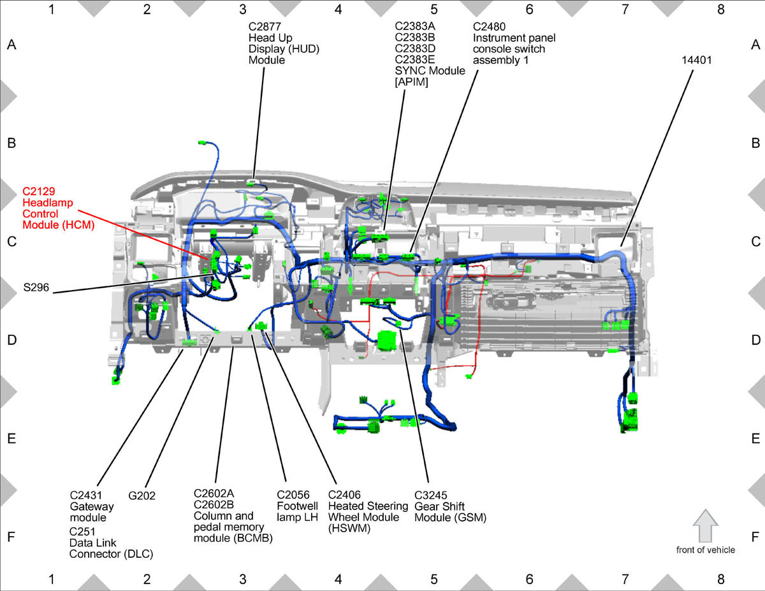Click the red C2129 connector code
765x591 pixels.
[x=39, y=191]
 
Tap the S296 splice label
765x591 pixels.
[x=36, y=288]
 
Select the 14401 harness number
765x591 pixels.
[x=696, y=60]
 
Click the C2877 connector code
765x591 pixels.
[x=265, y=27]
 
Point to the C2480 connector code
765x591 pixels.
[x=489, y=27]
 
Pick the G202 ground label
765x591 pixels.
[x=142, y=495]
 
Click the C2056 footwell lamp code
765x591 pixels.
[x=293, y=495]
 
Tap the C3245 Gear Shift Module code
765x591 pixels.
[x=430, y=495]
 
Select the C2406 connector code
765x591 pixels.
[x=344, y=495]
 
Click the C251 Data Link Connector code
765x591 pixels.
[x=82, y=532]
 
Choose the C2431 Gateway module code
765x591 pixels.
[x=86, y=495]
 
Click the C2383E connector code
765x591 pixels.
[x=415, y=59]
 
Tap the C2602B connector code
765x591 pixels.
[x=214, y=504]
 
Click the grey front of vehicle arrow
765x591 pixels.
[x=705, y=525]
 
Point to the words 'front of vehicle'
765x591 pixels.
[x=706, y=550]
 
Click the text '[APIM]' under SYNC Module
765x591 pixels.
[x=411, y=82]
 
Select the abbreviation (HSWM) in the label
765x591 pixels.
[x=349, y=529]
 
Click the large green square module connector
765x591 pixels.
[x=387, y=340]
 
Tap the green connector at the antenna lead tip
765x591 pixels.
[x=202, y=143]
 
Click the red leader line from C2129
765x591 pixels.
[x=143, y=235]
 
